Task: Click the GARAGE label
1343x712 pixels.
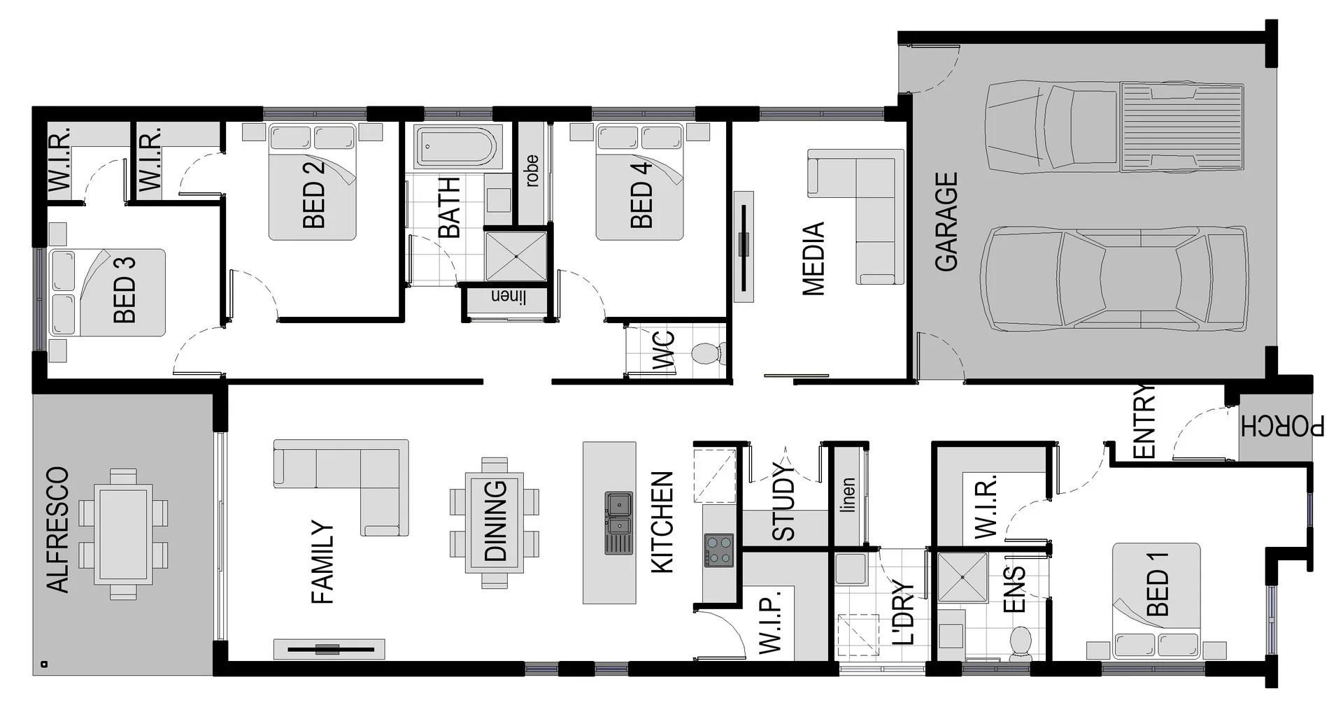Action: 946,222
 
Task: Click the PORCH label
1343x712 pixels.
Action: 1282,426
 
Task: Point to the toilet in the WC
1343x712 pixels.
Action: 708,353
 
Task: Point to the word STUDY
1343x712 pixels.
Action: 784,501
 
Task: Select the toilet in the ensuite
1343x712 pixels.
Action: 1020,642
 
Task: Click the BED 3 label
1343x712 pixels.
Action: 125,290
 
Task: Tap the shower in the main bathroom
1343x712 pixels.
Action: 516,256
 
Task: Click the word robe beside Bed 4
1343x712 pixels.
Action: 532,171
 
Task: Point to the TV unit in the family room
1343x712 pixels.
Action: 329,649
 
